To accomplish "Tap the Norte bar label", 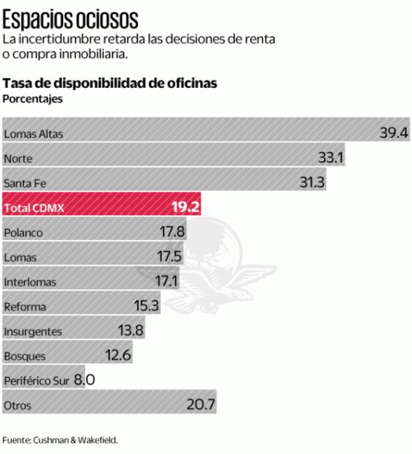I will click(x=18, y=158).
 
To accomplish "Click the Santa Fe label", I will click(x=25, y=183).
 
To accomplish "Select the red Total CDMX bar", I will click(x=103, y=208).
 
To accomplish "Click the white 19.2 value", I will click(x=185, y=207).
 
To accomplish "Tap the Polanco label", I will click(x=23, y=233).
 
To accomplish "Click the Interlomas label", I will click(x=30, y=282).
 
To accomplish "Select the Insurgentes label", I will click(x=33, y=331).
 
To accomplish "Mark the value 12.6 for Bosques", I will click(x=118, y=356).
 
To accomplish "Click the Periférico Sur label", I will click(x=37, y=381).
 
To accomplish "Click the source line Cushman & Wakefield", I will click(x=59, y=440).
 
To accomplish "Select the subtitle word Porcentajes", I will click(x=33, y=99).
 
